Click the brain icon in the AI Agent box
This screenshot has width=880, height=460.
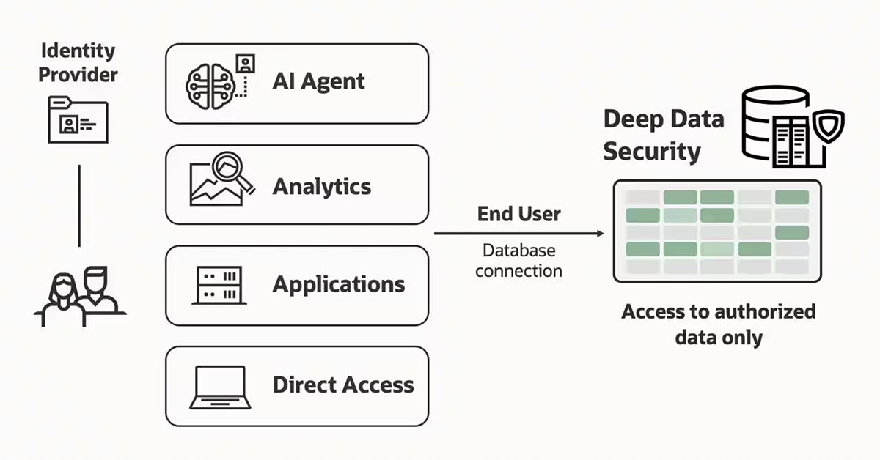tap(210, 86)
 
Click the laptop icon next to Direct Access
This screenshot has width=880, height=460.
tap(220, 387)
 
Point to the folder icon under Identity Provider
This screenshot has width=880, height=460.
tap(78, 119)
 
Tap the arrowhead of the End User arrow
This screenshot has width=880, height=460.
tap(601, 234)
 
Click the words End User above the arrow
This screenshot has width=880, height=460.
tap(519, 214)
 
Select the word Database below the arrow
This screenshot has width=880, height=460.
tap(519, 251)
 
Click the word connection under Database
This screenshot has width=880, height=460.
tap(519, 271)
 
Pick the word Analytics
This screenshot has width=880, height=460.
tap(322, 187)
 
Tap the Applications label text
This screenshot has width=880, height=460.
tap(339, 285)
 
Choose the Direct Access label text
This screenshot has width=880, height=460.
tap(343, 385)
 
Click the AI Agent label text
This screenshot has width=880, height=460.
tap(318, 81)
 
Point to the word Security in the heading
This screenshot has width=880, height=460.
tap(652, 152)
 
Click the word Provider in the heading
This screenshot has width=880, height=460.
tap(78, 75)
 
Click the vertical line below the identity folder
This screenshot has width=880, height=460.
tap(79, 206)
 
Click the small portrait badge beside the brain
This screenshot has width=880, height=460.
tap(246, 64)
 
